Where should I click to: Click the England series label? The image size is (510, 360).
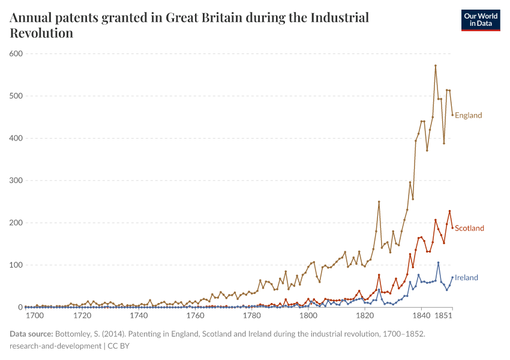pos(468,115)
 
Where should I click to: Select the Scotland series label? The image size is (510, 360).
pos(469,228)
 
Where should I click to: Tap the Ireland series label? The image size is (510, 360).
pos(466,277)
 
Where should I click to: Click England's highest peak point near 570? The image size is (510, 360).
pos(436,65)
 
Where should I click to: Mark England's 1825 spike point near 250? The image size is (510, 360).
pos(379,202)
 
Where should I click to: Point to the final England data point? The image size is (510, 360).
pos(452,115)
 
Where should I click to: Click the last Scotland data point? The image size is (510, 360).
pos(452,227)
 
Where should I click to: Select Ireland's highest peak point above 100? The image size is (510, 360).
pos(439,263)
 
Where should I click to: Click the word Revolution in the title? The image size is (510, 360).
pos(41,33)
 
